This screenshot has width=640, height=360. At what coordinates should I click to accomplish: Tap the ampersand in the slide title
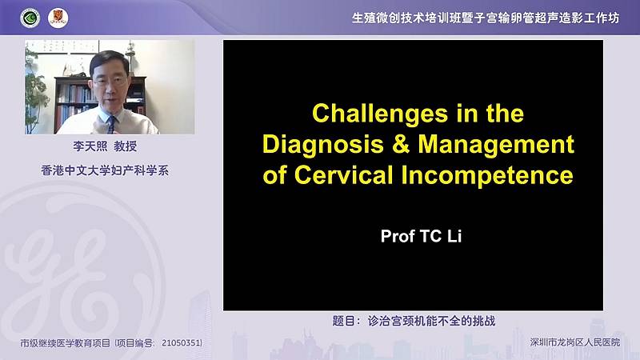click(x=401, y=144)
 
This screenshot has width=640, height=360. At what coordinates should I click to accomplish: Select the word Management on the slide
click(x=496, y=146)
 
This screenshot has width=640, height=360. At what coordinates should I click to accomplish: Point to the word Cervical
click(x=343, y=175)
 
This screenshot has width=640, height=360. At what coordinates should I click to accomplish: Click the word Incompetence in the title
click(x=487, y=176)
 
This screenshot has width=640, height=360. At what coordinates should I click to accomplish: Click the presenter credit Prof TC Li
click(x=421, y=236)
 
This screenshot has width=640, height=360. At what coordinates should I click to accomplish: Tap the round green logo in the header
click(x=30, y=18)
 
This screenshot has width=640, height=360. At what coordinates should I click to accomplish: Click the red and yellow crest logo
click(x=58, y=18)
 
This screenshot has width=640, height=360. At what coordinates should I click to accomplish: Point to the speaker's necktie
click(x=111, y=125)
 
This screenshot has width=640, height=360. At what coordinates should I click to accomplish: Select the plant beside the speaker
click(x=36, y=93)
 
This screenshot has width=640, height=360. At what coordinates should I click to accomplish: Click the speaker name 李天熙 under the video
click(x=90, y=146)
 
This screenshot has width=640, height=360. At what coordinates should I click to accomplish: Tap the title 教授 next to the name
click(x=126, y=146)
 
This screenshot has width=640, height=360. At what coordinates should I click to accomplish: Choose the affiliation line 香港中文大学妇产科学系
click(x=105, y=170)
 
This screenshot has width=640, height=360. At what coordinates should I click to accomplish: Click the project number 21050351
click(x=182, y=343)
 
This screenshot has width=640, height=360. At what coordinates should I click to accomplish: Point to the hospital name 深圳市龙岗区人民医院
click(x=574, y=342)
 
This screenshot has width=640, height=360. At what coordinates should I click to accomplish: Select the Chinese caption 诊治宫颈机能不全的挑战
click(x=431, y=322)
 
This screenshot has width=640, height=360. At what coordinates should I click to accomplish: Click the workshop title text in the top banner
click(x=486, y=18)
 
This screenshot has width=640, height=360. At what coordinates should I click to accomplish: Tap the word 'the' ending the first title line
click(x=505, y=114)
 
